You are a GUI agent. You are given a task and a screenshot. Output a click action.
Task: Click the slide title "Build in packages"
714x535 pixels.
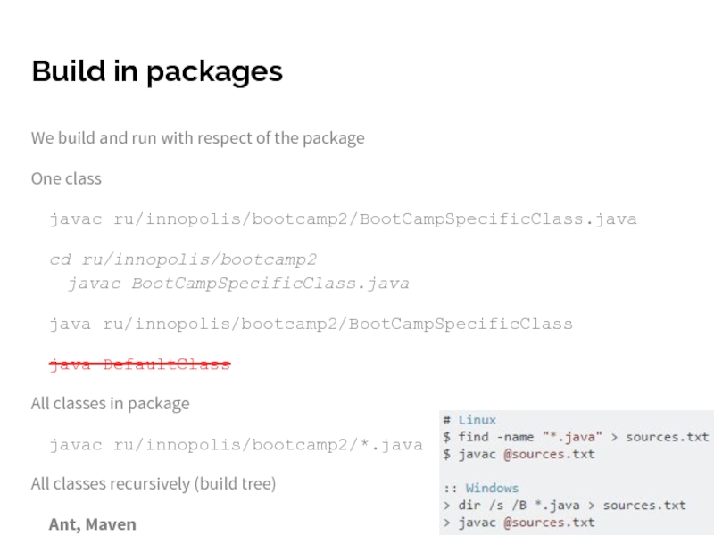(156, 71)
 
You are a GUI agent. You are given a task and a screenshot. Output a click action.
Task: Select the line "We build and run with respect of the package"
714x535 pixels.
(197, 138)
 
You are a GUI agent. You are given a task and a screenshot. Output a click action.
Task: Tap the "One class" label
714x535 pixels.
(66, 178)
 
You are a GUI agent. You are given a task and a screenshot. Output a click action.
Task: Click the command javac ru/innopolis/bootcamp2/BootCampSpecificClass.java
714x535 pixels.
(343, 218)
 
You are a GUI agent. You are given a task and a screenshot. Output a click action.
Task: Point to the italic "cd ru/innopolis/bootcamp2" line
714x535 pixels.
(183, 259)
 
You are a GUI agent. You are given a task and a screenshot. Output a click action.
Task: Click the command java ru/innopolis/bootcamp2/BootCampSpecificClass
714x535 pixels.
(311, 324)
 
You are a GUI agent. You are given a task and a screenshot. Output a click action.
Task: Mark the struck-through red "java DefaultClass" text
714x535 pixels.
(139, 365)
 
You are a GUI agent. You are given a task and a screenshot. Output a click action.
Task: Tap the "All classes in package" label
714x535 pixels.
(110, 403)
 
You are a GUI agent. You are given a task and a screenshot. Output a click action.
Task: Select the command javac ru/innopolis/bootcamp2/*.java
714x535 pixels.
(236, 444)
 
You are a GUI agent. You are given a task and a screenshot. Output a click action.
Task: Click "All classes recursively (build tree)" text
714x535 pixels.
(153, 484)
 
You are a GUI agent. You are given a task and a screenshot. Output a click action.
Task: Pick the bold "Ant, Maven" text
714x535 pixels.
(93, 524)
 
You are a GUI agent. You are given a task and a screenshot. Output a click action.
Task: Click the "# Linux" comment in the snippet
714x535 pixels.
(469, 420)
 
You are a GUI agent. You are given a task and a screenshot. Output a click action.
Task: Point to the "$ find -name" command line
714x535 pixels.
(576, 437)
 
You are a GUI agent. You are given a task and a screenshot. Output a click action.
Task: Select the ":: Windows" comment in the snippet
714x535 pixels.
(480, 488)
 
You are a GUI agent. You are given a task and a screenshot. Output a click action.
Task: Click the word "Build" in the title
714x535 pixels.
(65, 71)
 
